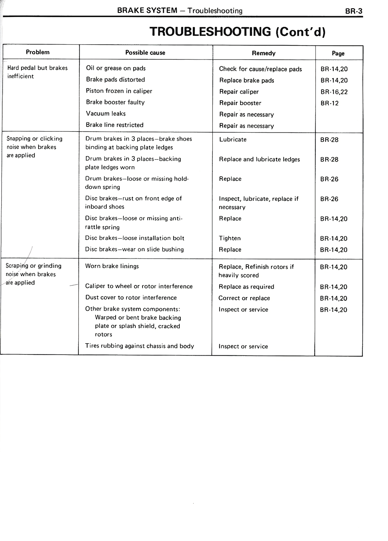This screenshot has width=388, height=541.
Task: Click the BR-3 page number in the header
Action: (x=353, y=11)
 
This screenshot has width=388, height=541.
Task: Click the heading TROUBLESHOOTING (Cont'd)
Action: (x=237, y=32)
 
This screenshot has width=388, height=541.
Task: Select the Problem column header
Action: (x=38, y=52)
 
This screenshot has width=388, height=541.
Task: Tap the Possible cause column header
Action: (x=145, y=53)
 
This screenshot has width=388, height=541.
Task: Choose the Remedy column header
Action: (x=263, y=53)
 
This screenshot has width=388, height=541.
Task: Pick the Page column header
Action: (x=338, y=54)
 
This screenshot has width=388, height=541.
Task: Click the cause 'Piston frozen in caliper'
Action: (x=119, y=91)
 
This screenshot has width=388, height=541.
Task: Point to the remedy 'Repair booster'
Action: (x=240, y=103)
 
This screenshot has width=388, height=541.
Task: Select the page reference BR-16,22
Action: (x=334, y=92)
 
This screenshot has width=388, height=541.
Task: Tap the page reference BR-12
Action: (x=329, y=103)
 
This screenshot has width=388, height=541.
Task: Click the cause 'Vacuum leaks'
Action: (x=105, y=114)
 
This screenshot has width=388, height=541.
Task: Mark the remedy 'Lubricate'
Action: (x=232, y=140)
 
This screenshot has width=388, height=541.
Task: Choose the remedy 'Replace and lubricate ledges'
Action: (x=259, y=159)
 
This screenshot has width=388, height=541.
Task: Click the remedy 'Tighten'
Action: (x=229, y=238)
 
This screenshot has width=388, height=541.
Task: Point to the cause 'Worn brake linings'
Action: (x=112, y=266)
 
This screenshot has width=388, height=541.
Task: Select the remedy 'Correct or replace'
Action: (x=244, y=298)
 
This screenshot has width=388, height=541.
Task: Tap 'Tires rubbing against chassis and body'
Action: (x=139, y=346)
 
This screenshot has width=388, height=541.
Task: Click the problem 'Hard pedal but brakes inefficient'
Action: (x=37, y=72)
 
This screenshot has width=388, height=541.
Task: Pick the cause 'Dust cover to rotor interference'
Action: (x=131, y=297)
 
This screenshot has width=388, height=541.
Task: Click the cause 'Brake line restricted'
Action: (x=115, y=125)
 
